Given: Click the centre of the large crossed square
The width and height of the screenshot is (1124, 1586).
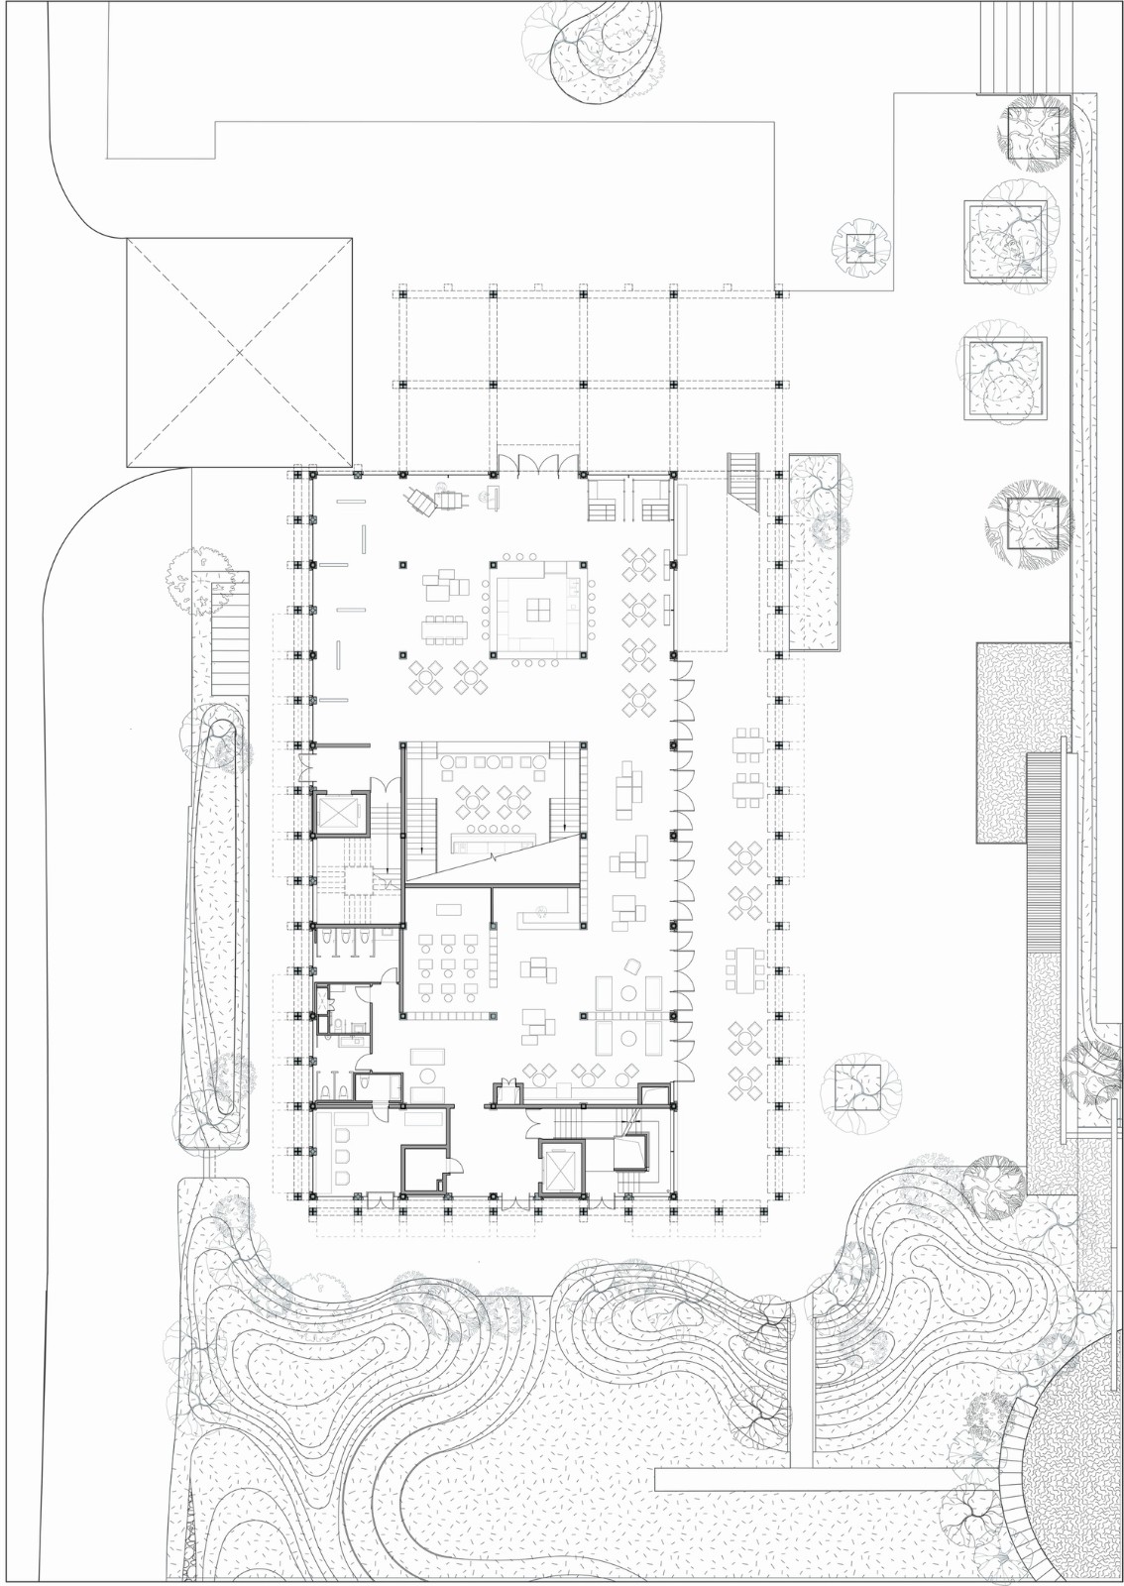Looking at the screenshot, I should (239, 351).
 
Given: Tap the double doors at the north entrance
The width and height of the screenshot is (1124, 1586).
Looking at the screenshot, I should (536, 463).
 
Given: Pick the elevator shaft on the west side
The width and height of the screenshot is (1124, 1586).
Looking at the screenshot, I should (340, 814).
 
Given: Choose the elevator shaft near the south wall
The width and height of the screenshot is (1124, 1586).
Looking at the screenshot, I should (561, 1171).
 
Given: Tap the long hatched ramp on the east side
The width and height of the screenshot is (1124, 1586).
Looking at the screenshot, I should (1048, 852).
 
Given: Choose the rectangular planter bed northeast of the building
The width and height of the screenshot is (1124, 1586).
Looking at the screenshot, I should (816, 553).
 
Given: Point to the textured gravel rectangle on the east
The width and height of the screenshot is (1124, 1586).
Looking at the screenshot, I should (1022, 743).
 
